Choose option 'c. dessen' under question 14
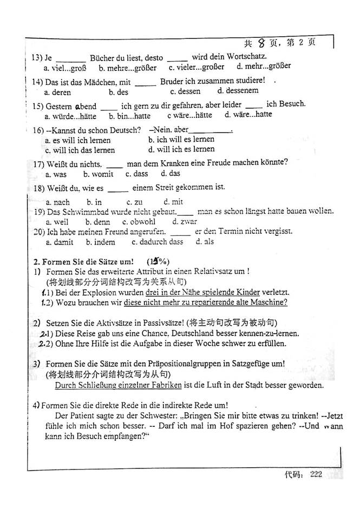[185, 91]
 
